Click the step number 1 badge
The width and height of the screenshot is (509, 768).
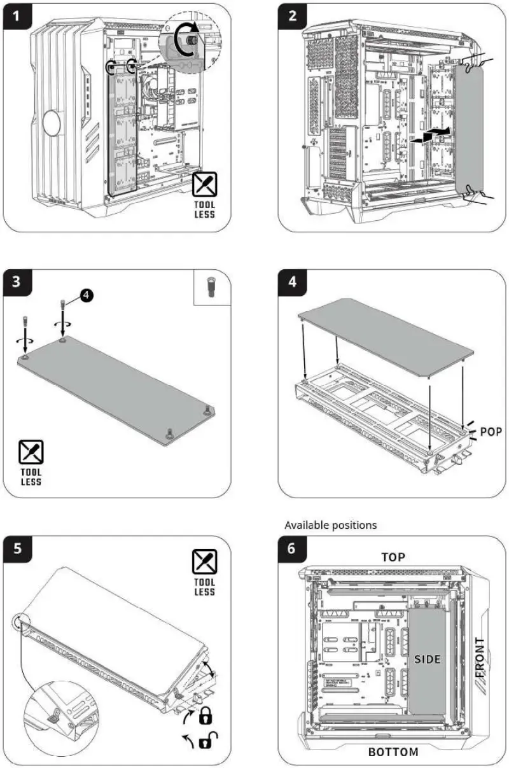[x=17, y=17]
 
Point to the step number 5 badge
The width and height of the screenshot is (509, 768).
[x=17, y=548]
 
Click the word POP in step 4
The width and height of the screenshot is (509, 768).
[x=491, y=432]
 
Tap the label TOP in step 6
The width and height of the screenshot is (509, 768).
[x=393, y=557]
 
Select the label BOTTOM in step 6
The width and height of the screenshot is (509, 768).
[x=393, y=751]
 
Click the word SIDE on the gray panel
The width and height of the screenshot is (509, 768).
[x=428, y=659]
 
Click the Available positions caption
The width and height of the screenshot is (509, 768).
[x=330, y=525]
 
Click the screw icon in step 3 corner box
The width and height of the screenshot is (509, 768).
[x=211, y=288]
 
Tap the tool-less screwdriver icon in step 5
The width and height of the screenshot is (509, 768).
[x=205, y=562]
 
